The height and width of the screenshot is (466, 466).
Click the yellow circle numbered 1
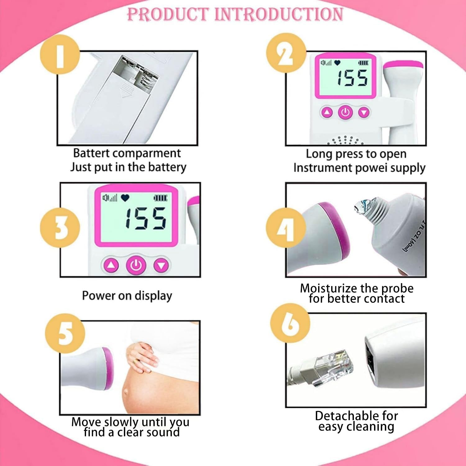60,55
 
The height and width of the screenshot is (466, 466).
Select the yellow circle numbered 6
290,323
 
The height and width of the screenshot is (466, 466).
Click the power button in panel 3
136,265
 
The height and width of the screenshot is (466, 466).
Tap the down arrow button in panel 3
161,266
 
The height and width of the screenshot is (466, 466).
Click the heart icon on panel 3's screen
125,198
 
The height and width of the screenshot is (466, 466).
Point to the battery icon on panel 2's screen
363,63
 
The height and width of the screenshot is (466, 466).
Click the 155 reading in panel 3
145,218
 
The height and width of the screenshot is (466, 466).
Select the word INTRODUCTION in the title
279,14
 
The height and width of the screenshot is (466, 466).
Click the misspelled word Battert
91,153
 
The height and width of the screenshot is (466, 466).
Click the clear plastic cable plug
333,367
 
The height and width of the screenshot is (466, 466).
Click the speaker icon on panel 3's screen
106,198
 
